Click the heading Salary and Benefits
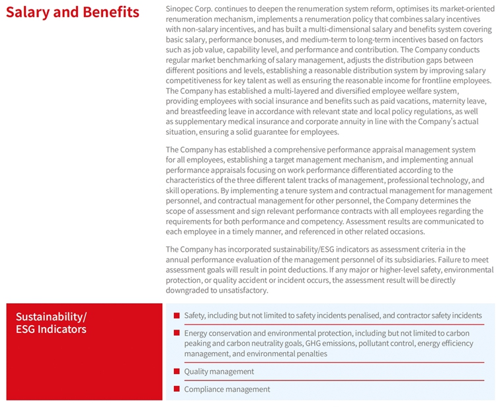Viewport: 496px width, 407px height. pos(72,12)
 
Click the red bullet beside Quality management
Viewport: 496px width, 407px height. pos(177,371)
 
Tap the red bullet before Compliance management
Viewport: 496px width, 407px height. pos(177,388)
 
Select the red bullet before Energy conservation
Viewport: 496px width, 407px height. pos(177,333)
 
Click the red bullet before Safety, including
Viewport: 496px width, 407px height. pos(177,315)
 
